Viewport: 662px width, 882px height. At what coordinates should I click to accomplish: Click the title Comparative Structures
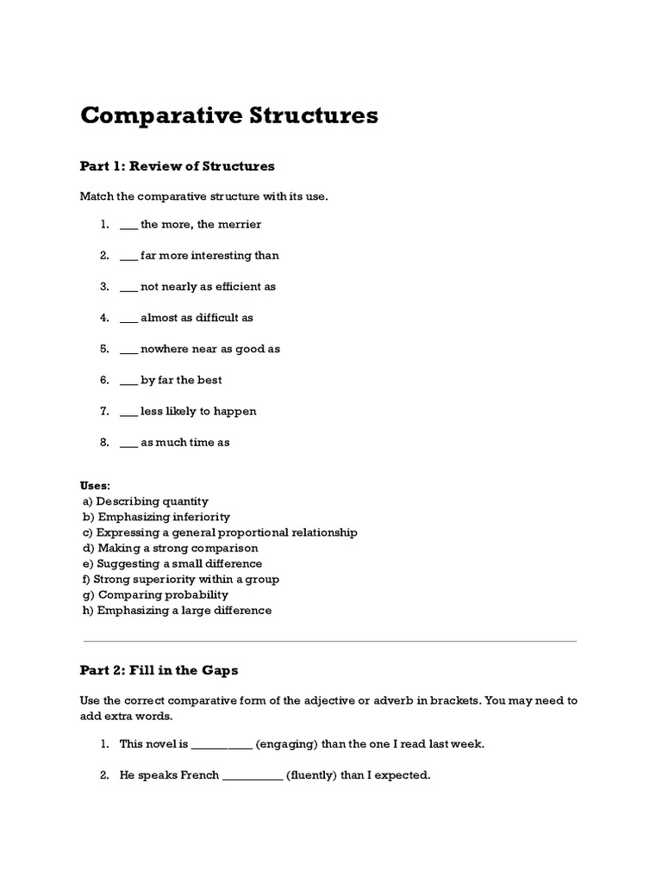229,115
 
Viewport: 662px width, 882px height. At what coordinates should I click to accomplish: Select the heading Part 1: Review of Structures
177,165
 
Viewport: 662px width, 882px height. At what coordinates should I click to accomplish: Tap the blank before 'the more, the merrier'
128,225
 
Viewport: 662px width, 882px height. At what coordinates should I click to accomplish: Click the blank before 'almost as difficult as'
128,318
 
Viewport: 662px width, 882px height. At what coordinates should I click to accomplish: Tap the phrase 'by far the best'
181,380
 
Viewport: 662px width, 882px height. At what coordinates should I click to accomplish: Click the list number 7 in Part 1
103,411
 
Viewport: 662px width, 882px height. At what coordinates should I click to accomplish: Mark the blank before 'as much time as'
128,443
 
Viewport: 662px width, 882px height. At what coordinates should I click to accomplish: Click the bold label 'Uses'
95,486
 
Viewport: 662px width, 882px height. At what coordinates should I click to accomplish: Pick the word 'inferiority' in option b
201,517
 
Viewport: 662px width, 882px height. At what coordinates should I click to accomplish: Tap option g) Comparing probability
155,594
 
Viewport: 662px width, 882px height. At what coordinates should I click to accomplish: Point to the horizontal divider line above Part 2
329,641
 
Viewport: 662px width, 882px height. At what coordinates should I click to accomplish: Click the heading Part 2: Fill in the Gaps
159,669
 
